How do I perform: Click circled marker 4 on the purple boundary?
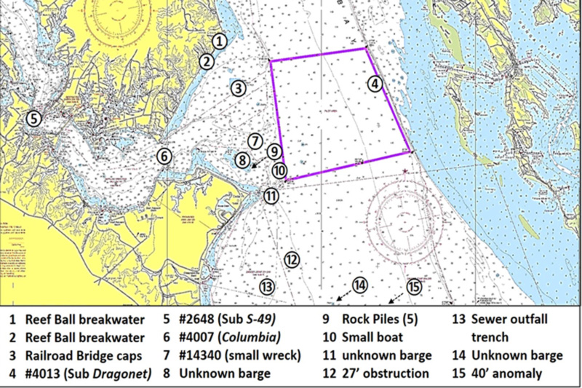tap(374, 84)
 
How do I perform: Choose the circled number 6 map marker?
tap(164, 156)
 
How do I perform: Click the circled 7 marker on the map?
tap(254, 140)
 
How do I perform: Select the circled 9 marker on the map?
tap(274, 152)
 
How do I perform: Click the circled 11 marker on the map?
tap(271, 195)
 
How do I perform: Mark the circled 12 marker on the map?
tap(292, 259)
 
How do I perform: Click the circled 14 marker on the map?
tap(360, 285)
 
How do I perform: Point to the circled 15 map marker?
tap(415, 287)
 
